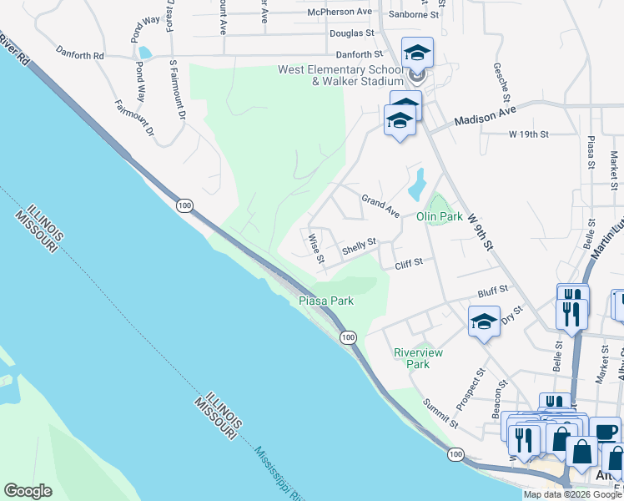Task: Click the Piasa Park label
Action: click(x=326, y=301)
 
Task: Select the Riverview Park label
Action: click(x=418, y=358)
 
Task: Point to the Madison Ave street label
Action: click(x=486, y=115)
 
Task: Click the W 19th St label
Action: click(x=528, y=134)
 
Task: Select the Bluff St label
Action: click(x=493, y=291)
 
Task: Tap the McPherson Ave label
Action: click(x=340, y=13)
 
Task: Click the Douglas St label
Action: click(x=350, y=33)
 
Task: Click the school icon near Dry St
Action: click(x=484, y=322)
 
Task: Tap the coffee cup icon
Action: click(x=605, y=432)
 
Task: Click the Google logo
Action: click(x=28, y=491)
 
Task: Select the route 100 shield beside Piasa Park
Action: click(x=348, y=337)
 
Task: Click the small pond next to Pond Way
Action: click(x=145, y=52)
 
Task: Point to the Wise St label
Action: click(x=316, y=248)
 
